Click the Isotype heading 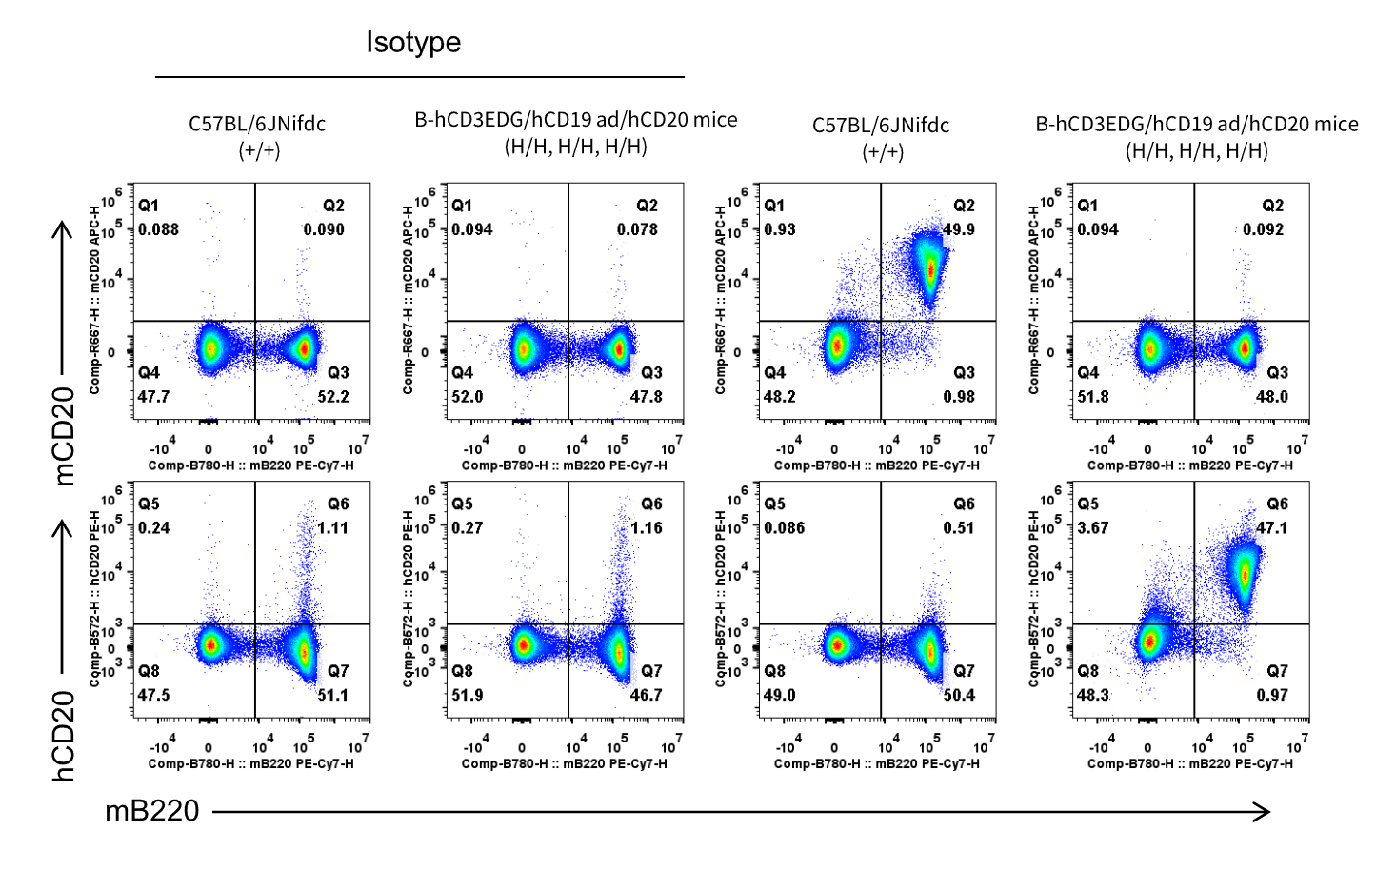click(x=413, y=43)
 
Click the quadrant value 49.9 click(x=959, y=229)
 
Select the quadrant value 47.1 click(x=1271, y=527)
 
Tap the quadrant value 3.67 click(x=1092, y=527)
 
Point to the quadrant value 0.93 click(x=779, y=229)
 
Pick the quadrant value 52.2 click(x=333, y=397)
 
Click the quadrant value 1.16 click(x=647, y=527)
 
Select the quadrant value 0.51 click(x=959, y=527)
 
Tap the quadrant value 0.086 click(x=784, y=527)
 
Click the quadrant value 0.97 click(x=1271, y=695)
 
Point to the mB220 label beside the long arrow click(x=152, y=811)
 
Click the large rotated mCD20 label click(x=64, y=437)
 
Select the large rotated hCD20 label click(x=64, y=736)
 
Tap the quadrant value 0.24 click(x=153, y=527)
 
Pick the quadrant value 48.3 click(x=1093, y=695)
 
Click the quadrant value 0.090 click(x=324, y=229)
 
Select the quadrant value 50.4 click(x=959, y=695)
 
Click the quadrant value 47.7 click(x=153, y=397)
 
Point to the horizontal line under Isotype click(x=420, y=77)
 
